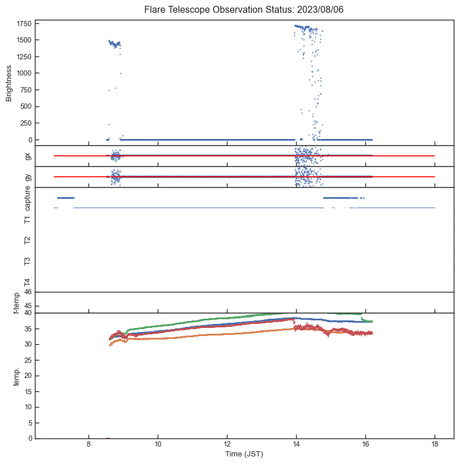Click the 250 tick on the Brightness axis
click(24, 123)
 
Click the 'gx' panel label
click(27, 156)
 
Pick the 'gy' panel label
click(27, 177)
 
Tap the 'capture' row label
click(27, 199)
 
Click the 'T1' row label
click(27, 219)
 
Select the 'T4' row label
click(27, 282)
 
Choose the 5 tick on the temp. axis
click(29, 423)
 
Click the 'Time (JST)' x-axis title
click(244, 454)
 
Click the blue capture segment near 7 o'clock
click(65, 198)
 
